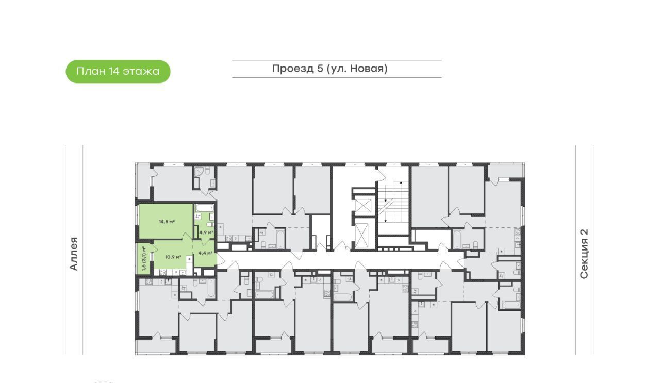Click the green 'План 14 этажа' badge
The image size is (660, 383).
pos(118,72)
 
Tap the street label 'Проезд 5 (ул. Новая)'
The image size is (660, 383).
pos(329,69)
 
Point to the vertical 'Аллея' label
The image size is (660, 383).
pos(74,254)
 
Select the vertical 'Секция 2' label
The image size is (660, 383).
pos(584,254)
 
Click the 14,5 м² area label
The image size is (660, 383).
pos(167,222)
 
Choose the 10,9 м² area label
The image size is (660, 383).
pos(173,257)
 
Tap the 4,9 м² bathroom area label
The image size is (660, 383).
pos(206,232)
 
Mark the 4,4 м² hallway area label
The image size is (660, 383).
pos(206,253)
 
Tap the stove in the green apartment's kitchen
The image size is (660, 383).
pos(163,273)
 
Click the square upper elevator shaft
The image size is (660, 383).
pos(364,205)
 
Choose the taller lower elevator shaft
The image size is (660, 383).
pos(362,236)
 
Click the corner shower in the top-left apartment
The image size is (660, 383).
pos(199,172)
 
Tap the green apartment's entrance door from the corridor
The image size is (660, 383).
pos(220,260)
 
